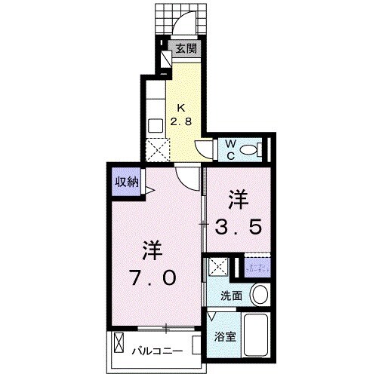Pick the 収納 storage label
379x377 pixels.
127,181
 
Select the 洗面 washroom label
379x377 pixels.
231,296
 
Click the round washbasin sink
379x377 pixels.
259,294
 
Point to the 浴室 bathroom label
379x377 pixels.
226,336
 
